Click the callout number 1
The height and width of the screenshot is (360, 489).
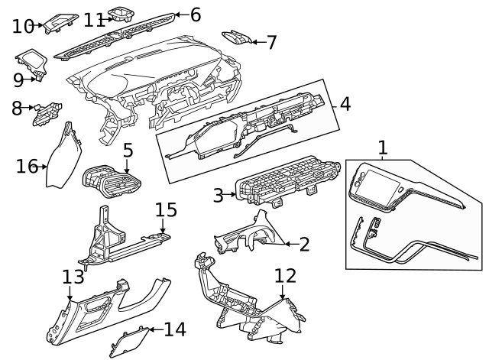click(383, 148)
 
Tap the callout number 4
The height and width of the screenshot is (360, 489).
click(345, 104)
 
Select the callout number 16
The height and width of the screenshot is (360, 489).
click(27, 166)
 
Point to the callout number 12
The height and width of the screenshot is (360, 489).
click(285, 276)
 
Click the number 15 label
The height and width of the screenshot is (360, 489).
click(166, 209)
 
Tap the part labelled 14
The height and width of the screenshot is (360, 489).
click(129, 342)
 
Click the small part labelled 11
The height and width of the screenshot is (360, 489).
click(121, 15)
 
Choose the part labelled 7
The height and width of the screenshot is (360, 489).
click(237, 38)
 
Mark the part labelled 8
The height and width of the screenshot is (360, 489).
click(47, 114)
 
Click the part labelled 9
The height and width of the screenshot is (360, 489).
click(31, 64)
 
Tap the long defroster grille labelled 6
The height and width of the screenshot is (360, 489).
click(114, 36)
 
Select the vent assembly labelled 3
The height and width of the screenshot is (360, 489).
click(287, 181)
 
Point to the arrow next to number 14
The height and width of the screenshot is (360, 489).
click(156, 329)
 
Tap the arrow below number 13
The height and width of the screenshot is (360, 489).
click(70, 294)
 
